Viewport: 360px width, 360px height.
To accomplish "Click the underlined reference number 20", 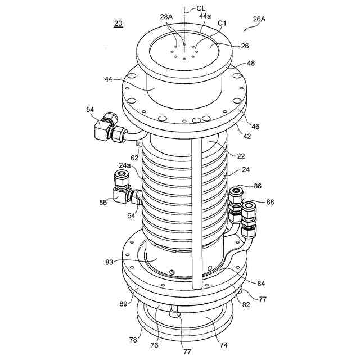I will click(x=118, y=24).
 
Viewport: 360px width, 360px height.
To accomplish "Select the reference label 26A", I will click(x=259, y=19).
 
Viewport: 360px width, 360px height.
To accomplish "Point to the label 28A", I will click(x=166, y=17).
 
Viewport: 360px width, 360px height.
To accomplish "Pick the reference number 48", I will click(x=251, y=64).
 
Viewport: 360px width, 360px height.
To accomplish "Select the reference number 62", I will click(x=135, y=159).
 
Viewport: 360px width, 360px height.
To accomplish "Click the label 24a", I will click(x=124, y=166).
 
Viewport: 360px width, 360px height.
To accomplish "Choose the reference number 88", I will click(x=270, y=202).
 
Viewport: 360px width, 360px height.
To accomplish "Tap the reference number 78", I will click(x=133, y=340).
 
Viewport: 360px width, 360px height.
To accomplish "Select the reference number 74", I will click(x=223, y=345).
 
